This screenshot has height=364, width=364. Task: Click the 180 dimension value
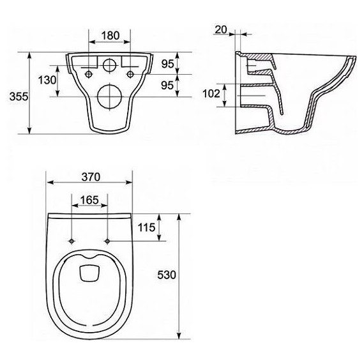(x=109, y=36)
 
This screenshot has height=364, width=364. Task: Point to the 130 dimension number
(x=45, y=80)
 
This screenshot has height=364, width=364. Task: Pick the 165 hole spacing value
(x=89, y=201)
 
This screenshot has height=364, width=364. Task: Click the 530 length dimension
(x=165, y=275)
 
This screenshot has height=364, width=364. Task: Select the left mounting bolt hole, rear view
(x=87, y=75)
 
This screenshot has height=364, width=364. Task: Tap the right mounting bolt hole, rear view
(x=130, y=75)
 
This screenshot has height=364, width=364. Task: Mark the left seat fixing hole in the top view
(x=72, y=241)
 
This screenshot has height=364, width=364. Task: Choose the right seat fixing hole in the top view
(x=107, y=241)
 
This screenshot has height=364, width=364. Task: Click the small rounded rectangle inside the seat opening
(x=89, y=274)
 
